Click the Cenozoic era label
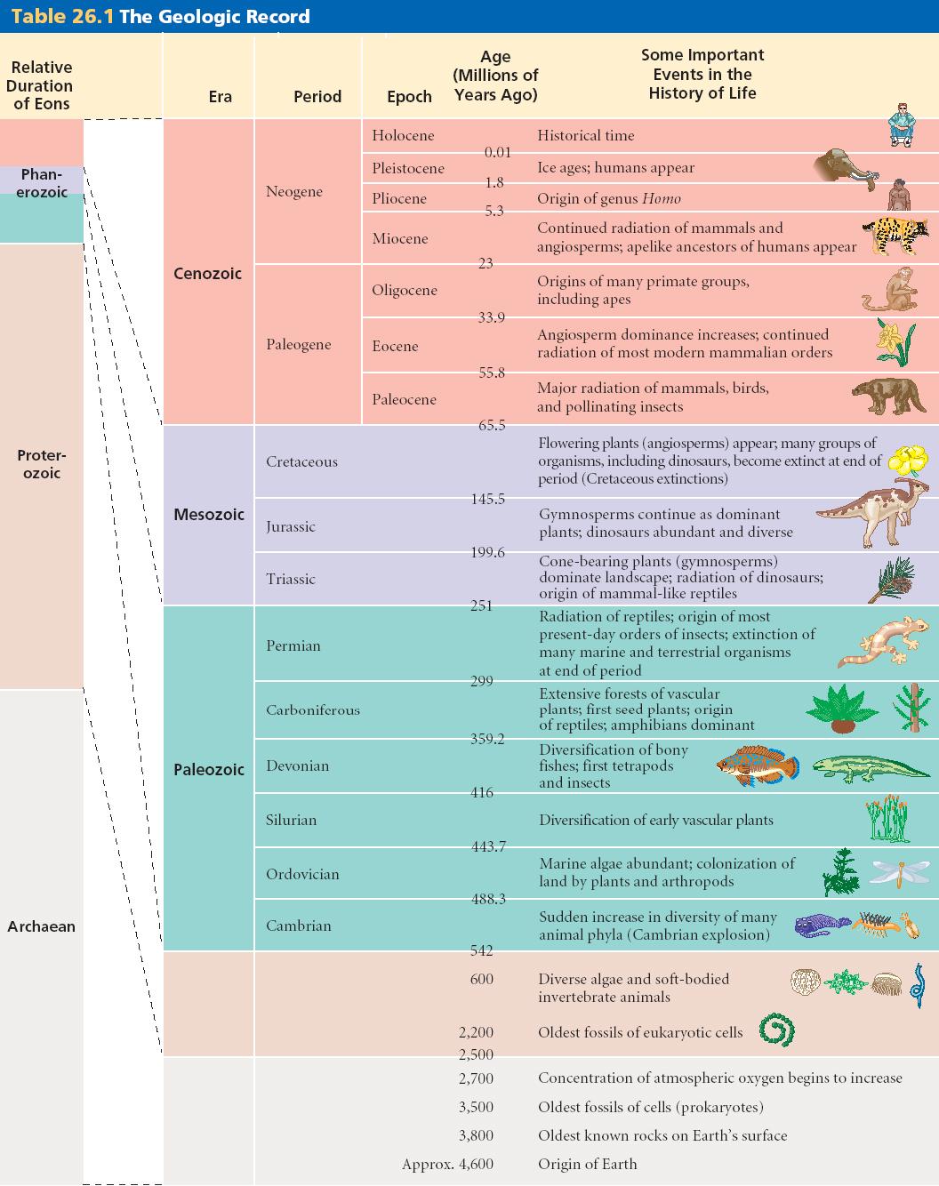(207, 274)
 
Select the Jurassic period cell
(291, 526)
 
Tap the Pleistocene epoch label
(408, 168)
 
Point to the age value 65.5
(492, 425)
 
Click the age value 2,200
(476, 1032)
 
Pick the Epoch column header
(409, 97)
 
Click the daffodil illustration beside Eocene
(894, 342)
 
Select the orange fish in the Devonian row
(757, 765)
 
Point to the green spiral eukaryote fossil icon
(777, 1031)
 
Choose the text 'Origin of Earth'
(587, 1164)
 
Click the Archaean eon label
(41, 926)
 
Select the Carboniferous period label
(313, 709)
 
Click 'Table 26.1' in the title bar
(62, 16)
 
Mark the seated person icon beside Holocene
(902, 124)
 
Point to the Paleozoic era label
(208, 770)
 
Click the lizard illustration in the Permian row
(880, 642)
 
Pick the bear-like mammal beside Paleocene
(888, 397)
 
